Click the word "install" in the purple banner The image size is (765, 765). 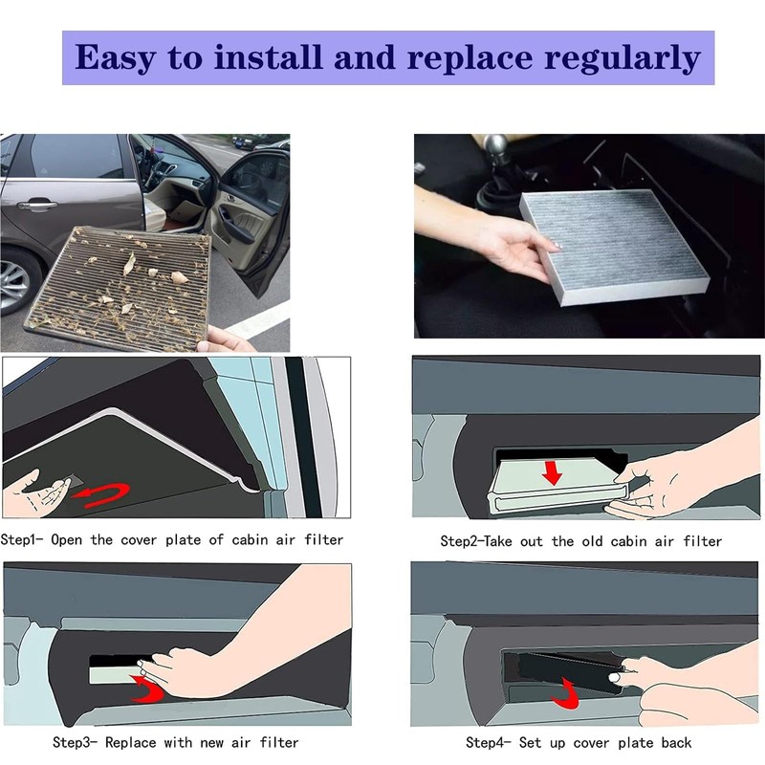pos(269,57)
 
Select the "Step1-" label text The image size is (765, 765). pos(22,539)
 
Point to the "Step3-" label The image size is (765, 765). pos(76,743)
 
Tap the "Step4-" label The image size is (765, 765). pos(489,743)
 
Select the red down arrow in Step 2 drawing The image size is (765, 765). pos(553,472)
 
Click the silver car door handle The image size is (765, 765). pos(35,204)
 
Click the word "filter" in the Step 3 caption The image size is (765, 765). pos(279,743)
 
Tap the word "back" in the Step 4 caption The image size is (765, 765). pos(677,743)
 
